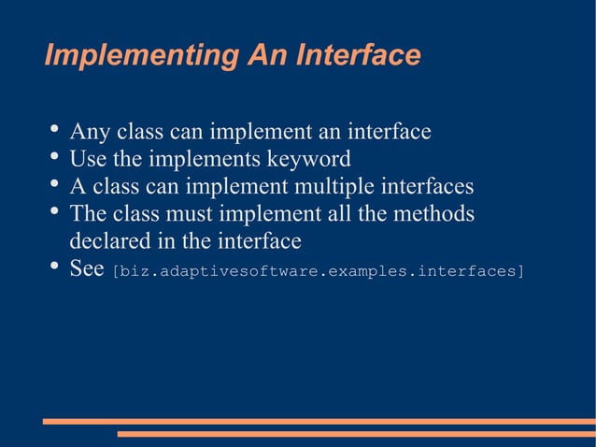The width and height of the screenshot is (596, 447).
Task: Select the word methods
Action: point(435,214)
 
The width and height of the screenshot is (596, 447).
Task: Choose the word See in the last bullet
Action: point(86,269)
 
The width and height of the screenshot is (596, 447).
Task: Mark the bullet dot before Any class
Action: point(54,128)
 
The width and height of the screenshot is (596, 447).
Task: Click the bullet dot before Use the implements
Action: point(54,155)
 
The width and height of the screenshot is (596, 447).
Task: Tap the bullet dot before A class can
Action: point(54,182)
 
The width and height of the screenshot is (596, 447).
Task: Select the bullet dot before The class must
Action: point(54,210)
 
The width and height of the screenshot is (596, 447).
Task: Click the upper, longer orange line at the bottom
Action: point(318,422)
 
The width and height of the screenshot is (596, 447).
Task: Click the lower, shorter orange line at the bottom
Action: point(355,434)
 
